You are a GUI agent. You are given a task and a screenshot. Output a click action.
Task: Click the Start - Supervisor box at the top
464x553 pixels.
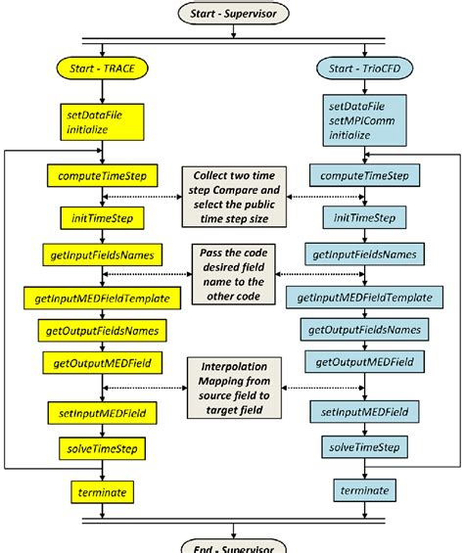[x=231, y=14]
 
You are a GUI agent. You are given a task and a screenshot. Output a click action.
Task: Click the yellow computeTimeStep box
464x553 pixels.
[x=97, y=176]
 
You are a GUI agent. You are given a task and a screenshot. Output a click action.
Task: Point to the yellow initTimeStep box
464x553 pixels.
[x=97, y=215]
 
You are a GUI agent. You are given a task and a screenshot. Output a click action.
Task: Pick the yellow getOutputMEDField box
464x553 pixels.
[x=97, y=362]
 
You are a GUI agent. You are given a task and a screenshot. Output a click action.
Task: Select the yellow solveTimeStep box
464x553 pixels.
[x=97, y=448]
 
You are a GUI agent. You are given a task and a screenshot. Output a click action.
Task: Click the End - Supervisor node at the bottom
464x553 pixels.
[x=231, y=543]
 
